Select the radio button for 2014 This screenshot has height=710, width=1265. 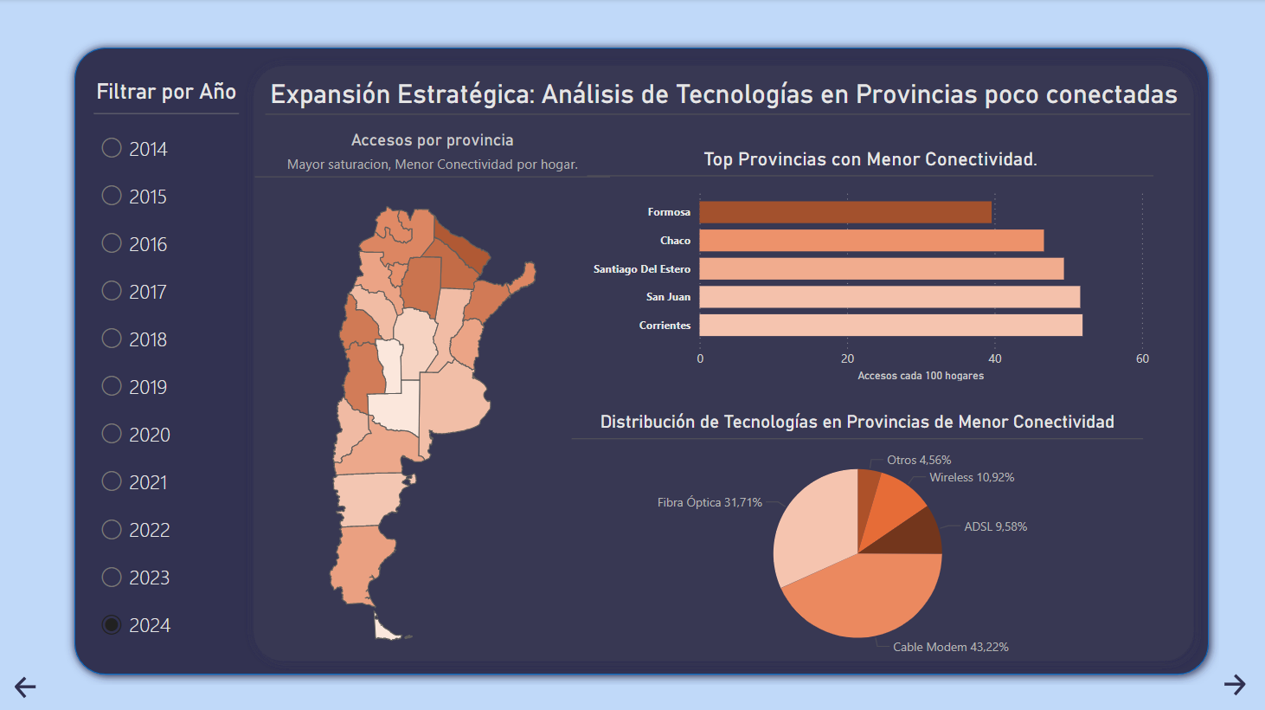coord(112,148)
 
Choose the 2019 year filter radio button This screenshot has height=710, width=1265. coord(112,386)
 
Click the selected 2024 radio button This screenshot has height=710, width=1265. coord(112,624)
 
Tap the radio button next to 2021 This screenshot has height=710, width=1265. coord(112,481)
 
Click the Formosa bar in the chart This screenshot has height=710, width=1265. coord(844,212)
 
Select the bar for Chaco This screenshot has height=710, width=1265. coord(870,241)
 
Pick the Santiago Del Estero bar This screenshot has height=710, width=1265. coord(881,269)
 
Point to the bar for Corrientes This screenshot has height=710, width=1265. coord(890,326)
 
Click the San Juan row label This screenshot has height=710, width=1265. coord(668,297)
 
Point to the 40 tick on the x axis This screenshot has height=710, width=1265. coord(995,358)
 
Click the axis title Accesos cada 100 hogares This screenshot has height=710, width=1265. coord(921,376)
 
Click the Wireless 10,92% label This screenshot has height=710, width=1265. coord(972,477)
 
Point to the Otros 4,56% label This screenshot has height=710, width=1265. coord(919,460)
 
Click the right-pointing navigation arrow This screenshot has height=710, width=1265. coord(1235,685)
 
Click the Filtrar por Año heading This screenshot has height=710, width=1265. coord(166,92)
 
